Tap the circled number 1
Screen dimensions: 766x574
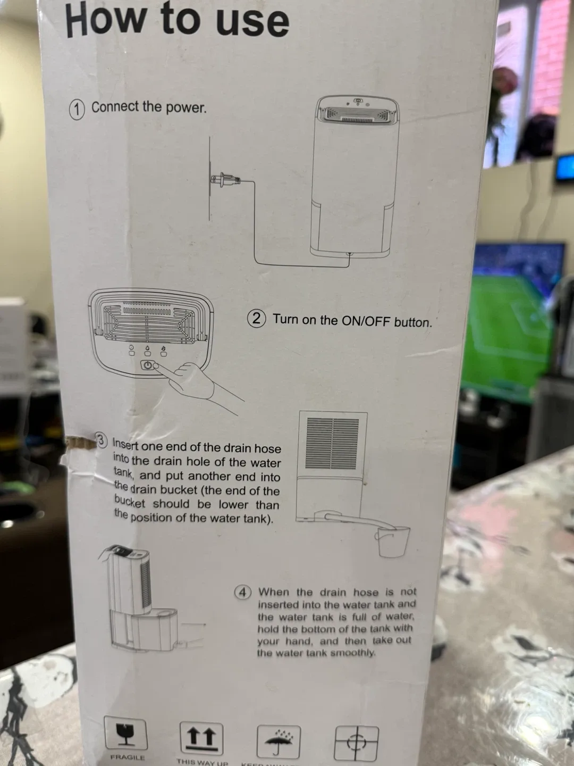[77, 109]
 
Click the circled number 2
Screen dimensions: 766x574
[257, 319]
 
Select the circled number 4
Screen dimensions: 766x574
[243, 592]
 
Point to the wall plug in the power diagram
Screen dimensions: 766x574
[223, 181]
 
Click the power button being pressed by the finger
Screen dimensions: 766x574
[148, 365]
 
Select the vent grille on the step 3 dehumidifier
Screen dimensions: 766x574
[333, 443]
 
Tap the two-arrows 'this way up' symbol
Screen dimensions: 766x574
[201, 738]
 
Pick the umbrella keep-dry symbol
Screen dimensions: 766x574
[278, 741]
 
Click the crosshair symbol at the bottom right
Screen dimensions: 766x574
[356, 743]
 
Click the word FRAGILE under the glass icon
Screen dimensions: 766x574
[127, 757]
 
